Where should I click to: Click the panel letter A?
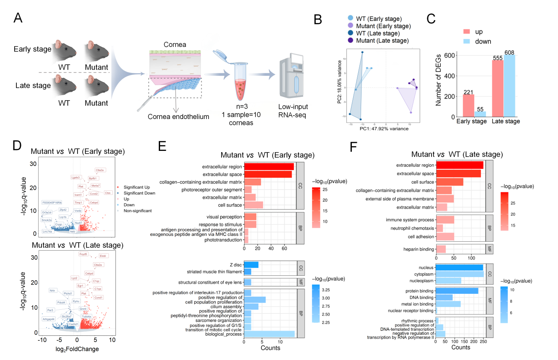click(x=18, y=18)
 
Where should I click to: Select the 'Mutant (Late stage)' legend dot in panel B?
click(x=350, y=40)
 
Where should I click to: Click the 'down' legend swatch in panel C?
click(x=467, y=41)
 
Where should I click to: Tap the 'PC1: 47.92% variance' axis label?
click(x=384, y=129)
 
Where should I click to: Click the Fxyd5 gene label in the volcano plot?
click(x=83, y=254)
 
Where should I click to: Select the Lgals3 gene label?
click(x=75, y=177)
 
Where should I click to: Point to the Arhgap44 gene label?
click(x=49, y=319)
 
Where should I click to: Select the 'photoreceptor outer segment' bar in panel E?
click(x=248, y=190)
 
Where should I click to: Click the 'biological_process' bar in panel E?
click(x=269, y=334)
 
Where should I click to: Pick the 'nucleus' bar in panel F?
click(x=460, y=267)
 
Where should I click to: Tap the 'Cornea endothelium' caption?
click(x=178, y=117)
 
